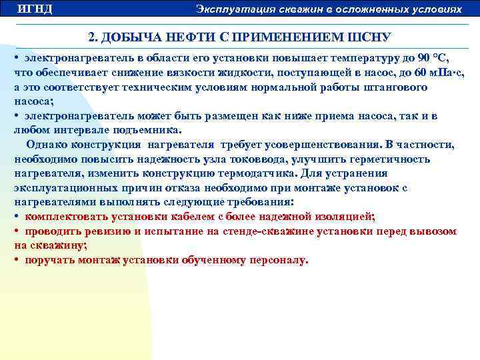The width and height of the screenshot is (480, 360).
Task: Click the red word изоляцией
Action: pos(338,217)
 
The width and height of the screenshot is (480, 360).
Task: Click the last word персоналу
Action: pos(277,260)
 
